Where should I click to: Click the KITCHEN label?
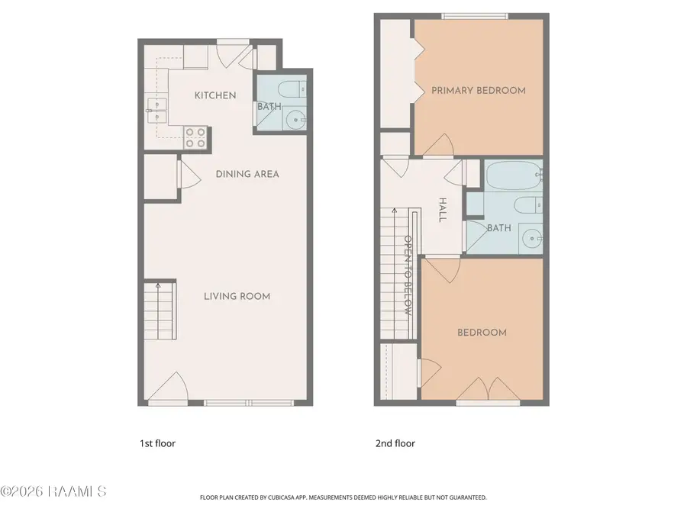[215, 95]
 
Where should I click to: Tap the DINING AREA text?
[247, 174]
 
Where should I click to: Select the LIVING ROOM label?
[237, 296]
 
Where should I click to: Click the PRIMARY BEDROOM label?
[479, 90]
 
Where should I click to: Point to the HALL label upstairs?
[442, 210]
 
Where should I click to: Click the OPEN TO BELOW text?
[408, 275]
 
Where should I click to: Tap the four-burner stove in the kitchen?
[195, 137]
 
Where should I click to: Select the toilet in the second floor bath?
[528, 204]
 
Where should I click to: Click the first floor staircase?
[160, 311]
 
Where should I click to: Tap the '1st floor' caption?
[157, 443]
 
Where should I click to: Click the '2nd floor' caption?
[395, 443]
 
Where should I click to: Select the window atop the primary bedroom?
[475, 16]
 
